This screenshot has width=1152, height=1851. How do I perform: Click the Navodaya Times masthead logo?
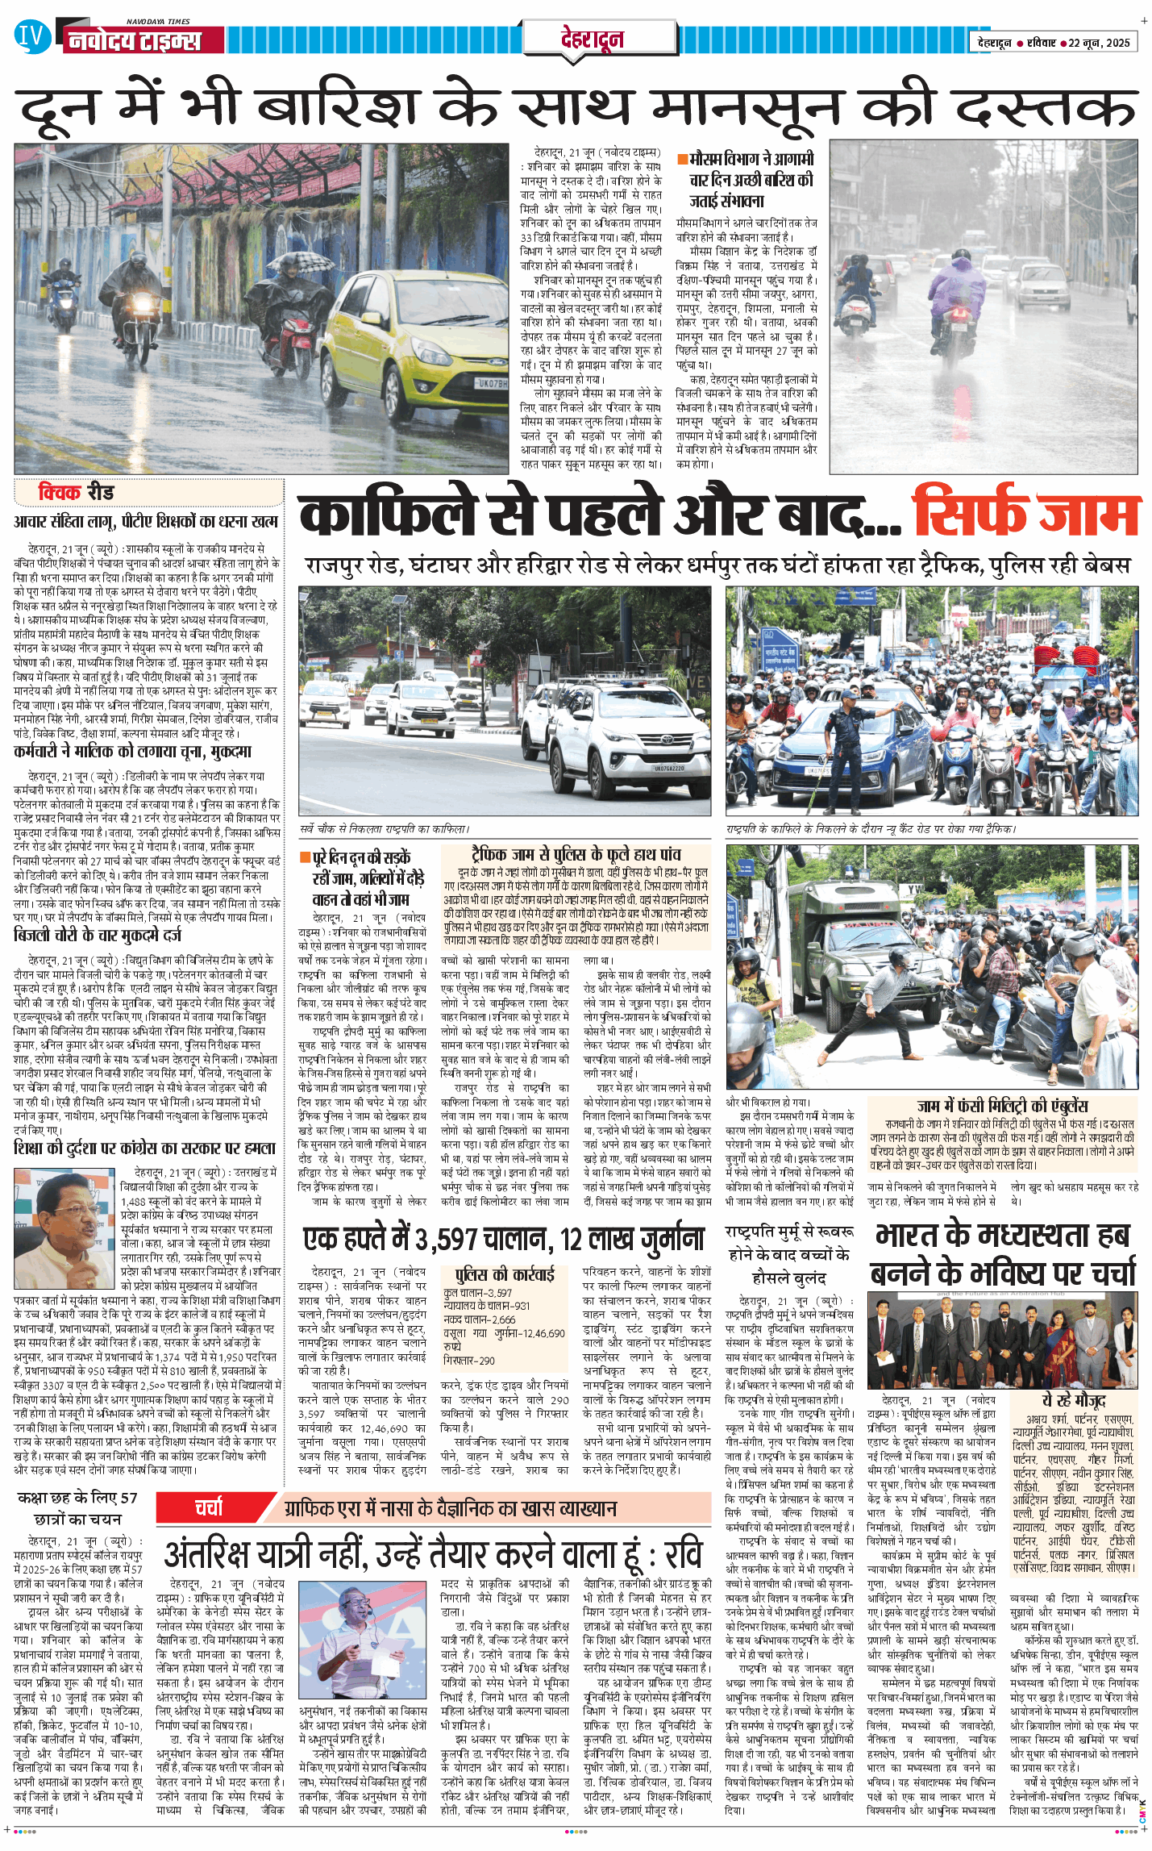coord(133,39)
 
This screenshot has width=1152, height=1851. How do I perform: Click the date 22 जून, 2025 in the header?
coord(1100,43)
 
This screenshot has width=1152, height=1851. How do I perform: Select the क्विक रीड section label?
coord(77,492)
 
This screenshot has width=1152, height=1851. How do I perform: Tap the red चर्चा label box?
coord(209,1507)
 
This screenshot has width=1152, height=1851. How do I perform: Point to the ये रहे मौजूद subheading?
coord(1073,1399)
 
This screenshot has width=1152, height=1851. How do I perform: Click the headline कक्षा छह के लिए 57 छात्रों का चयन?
coord(77,1507)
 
